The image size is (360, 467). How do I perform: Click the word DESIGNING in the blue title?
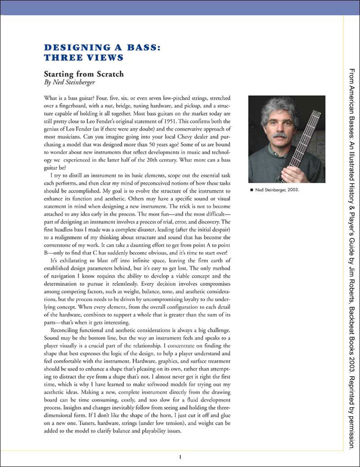click(x=71, y=48)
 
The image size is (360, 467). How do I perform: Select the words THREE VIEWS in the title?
click(x=83, y=57)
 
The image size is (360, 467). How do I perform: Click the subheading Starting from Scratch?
click(x=83, y=74)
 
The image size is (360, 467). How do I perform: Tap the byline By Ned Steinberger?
click(x=70, y=83)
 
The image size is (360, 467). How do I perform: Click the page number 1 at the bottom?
click(x=180, y=458)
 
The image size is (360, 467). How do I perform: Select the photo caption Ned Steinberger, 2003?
click(x=276, y=189)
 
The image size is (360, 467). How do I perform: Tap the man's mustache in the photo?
click(x=280, y=135)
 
